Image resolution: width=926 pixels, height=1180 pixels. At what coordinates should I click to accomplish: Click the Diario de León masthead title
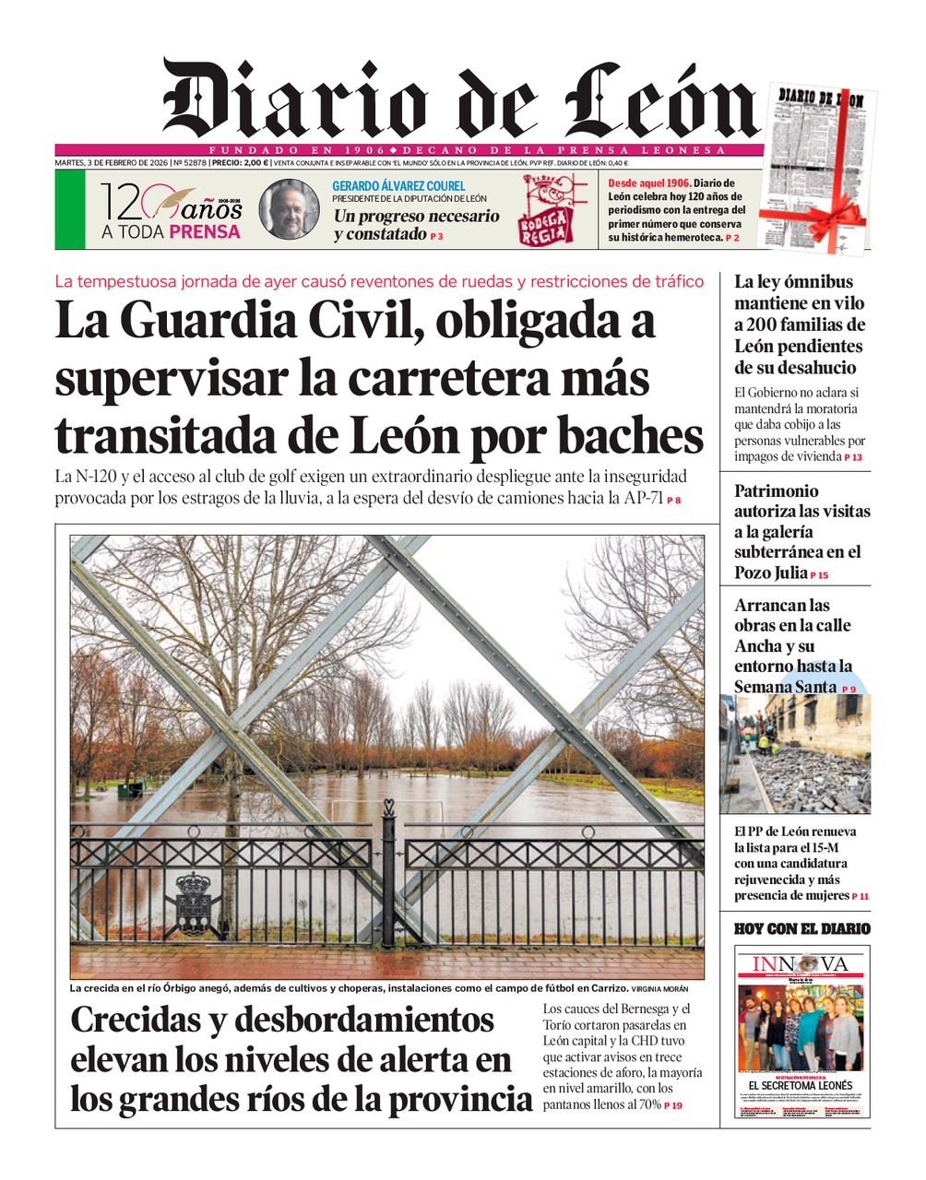tap(458, 100)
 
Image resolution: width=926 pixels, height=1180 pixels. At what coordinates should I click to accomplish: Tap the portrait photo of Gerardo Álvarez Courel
tap(289, 209)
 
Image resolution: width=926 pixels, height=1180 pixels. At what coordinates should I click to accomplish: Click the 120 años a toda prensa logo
tap(171, 211)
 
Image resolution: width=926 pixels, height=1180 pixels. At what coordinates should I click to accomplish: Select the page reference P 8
tap(674, 501)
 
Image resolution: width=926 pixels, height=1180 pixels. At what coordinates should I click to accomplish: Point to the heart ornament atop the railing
tap(388, 807)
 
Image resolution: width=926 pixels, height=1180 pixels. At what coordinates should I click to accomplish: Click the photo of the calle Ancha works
tap(794, 753)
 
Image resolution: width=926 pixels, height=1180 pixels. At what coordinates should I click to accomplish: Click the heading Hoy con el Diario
tap(801, 928)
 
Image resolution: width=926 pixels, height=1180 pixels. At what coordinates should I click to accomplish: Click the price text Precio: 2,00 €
tap(239, 163)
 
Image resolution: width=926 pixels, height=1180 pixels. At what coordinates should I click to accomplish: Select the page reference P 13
tap(853, 457)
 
